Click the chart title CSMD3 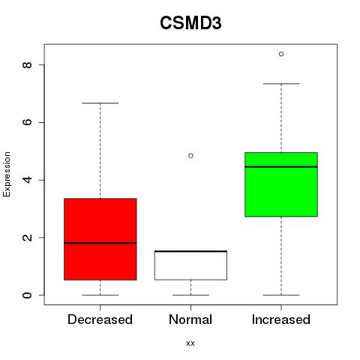190,23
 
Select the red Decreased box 100,239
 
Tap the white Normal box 190,265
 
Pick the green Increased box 281,184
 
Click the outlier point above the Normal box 190,156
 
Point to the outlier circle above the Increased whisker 281,54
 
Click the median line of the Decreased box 100,243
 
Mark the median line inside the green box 281,166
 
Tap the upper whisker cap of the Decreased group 100,103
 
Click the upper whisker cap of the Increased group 281,84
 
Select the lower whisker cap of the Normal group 190,295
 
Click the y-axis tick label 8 27,65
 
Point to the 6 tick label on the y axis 27,122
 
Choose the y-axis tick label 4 27,180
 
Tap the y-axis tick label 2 27,238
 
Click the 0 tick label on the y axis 27,295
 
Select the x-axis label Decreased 100,319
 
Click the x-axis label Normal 190,319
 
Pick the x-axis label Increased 281,319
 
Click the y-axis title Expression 7,174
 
